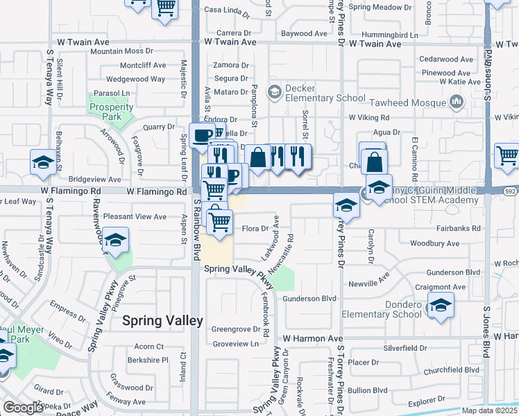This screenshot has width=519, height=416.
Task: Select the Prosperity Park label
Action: tap(111, 111)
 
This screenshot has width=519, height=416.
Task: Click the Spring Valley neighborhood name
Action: tap(162, 320)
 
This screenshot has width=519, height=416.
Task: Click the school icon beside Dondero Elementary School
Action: tap(440, 306)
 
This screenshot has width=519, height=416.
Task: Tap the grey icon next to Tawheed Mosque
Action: tap(456, 103)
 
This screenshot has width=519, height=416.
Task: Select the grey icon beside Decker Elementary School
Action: tap(275, 92)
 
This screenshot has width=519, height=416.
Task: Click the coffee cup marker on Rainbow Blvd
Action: tap(202, 135)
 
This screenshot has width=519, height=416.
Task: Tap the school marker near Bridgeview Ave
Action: tap(44, 163)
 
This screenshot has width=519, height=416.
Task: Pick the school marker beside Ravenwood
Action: tap(116, 239)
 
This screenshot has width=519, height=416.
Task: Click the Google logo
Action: tap(23, 408)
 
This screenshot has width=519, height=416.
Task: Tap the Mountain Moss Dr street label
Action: tap(121, 51)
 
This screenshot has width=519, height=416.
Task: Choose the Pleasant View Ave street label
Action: tap(135, 217)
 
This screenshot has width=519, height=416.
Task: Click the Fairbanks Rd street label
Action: tap(459, 228)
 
